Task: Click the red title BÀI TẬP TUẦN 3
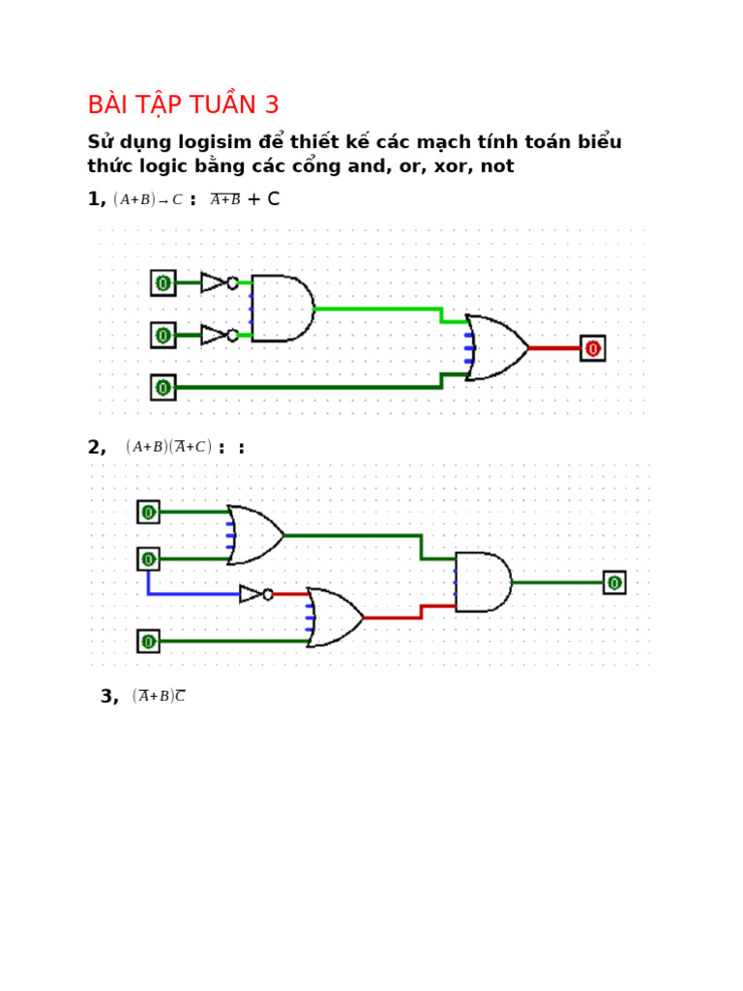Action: pos(183,105)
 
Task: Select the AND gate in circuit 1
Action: pos(282,308)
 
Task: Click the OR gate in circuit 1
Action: pos(496,347)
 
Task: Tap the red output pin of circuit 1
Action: pos(593,348)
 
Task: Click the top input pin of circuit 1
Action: pos(163,283)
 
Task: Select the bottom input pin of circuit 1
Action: pos(163,388)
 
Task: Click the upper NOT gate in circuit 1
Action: pos(217,283)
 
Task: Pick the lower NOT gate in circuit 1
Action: pos(217,335)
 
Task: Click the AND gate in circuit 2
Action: pos(483,583)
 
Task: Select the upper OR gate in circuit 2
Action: pos(254,535)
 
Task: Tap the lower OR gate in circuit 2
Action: pos(334,617)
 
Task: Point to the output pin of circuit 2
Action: pos(614,583)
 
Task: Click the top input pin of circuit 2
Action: pos(148,512)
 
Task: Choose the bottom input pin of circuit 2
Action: pos(148,641)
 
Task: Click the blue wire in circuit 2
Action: pos(193,593)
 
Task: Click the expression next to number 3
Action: pos(159,697)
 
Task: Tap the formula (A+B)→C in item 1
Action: pos(148,200)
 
